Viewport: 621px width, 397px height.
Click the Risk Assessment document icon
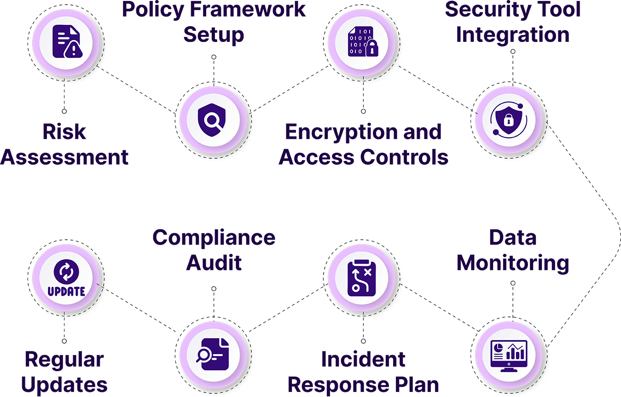click(64, 42)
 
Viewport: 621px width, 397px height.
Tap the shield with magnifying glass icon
click(213, 120)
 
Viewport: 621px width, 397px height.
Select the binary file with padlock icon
click(363, 42)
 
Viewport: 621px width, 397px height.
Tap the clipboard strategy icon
click(363, 277)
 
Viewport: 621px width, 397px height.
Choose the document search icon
click(213, 355)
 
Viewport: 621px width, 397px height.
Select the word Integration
click(512, 35)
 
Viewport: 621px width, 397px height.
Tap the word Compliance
click(214, 238)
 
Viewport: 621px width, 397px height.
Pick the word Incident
click(363, 360)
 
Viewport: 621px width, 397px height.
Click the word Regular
click(64, 360)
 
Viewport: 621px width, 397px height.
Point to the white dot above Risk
click(64, 111)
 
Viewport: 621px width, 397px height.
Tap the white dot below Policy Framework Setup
click(214, 57)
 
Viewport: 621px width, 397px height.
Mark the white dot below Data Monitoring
click(513, 283)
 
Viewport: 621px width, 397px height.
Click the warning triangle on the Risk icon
click(71, 50)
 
